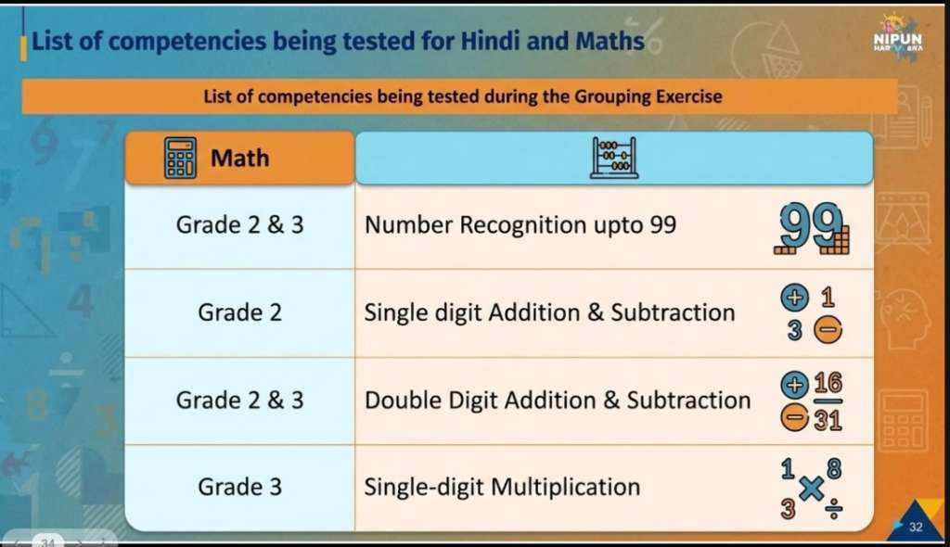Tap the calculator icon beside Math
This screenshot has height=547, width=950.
180,159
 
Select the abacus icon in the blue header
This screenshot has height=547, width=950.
614,159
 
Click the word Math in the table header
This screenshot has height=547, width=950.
240,159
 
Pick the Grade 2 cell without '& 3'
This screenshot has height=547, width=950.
240,312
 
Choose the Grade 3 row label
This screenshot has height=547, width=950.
240,487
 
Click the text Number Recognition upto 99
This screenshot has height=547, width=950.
520,225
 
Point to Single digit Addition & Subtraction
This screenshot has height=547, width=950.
549,313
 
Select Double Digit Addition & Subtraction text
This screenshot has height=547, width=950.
558,401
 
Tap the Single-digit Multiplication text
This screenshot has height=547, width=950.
502,487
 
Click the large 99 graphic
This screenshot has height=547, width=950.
812,228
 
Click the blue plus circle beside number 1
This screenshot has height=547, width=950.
794,298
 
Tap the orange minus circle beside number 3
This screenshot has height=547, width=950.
828,330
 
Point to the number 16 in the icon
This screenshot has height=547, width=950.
828,383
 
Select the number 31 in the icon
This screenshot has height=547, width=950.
828,419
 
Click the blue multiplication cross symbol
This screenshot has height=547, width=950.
811,489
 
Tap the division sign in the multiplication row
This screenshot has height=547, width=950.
834,509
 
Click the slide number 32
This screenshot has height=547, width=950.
916,527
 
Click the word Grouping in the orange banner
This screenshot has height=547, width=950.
609,97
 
